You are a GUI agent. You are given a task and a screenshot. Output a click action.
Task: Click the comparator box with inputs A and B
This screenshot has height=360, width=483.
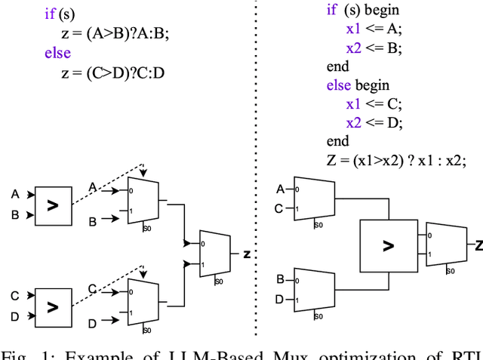[52, 205]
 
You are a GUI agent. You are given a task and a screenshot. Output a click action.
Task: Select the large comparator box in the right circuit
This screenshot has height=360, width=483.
[388, 245]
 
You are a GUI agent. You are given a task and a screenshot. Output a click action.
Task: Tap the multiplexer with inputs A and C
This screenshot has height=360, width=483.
[314, 198]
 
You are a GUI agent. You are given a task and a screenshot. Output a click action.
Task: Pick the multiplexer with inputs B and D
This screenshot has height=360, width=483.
[314, 289]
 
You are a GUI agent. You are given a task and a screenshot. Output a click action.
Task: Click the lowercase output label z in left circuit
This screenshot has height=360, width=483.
[246, 254]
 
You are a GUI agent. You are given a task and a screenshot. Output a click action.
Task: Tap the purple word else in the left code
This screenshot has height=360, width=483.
[57, 53]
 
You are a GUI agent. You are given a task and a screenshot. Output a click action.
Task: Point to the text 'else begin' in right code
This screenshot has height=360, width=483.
[358, 85]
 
